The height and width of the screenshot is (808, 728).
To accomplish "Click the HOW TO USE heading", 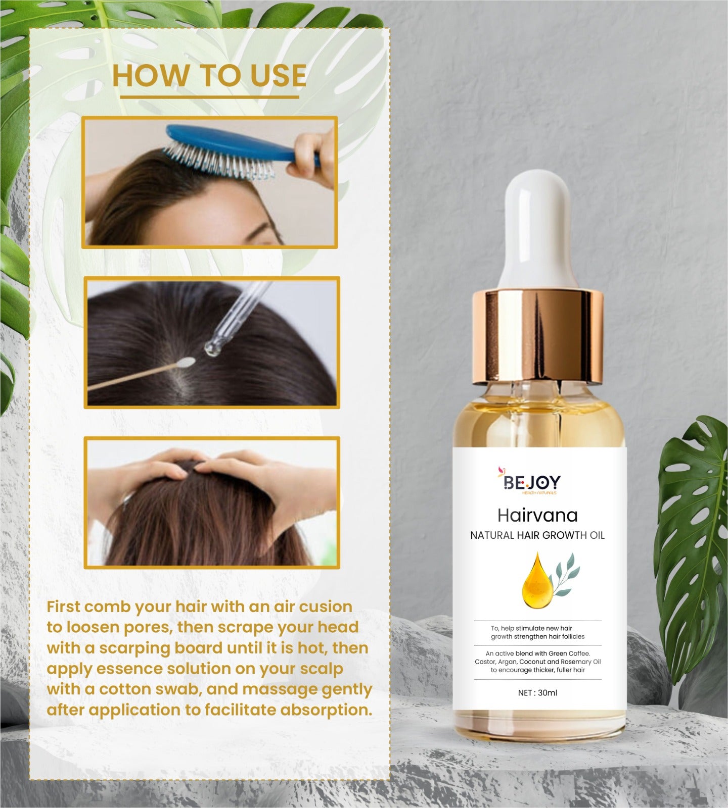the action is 209,75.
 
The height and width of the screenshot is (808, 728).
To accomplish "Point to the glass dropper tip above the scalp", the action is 210,346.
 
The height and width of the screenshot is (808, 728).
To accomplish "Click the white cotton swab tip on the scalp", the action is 188,362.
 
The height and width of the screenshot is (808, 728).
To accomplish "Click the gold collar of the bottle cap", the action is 538,335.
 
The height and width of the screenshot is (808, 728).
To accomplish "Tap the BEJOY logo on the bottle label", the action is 529,481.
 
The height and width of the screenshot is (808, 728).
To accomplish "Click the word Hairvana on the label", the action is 537,515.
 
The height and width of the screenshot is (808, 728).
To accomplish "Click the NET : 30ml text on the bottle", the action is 537,692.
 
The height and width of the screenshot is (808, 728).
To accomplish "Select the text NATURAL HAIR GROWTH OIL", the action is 537,535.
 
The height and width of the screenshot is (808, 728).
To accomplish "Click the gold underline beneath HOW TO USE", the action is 209,97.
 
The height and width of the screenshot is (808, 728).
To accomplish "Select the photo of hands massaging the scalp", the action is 212,502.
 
